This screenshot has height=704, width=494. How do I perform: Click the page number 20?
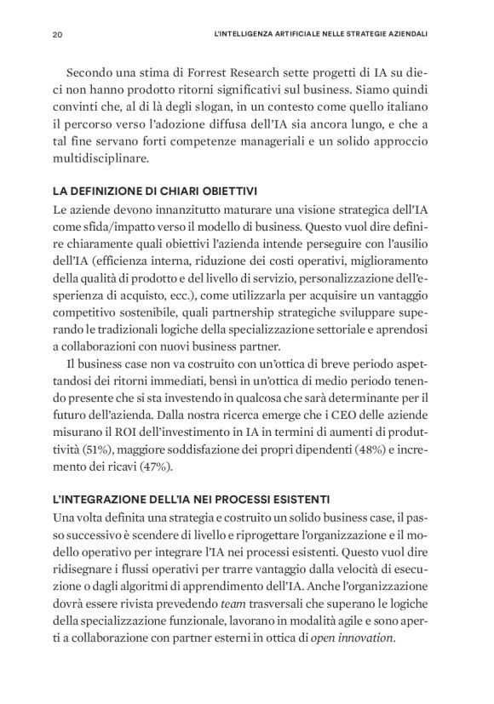point(57,36)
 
